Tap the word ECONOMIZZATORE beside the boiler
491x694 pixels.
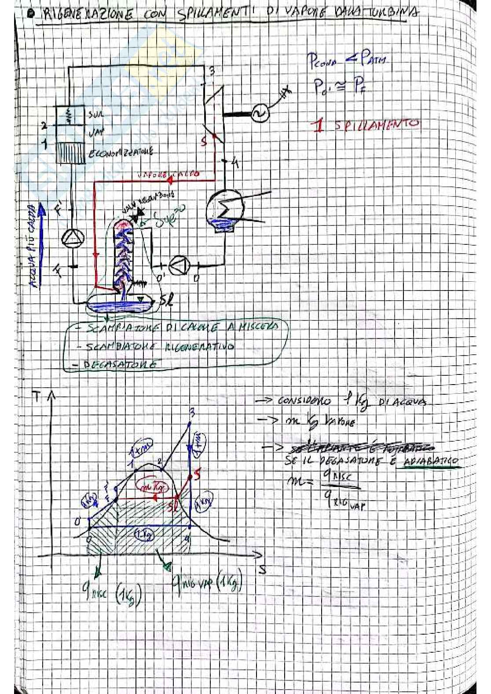point(121,153)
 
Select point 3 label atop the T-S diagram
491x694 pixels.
point(191,412)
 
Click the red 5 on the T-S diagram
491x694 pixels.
point(197,474)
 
